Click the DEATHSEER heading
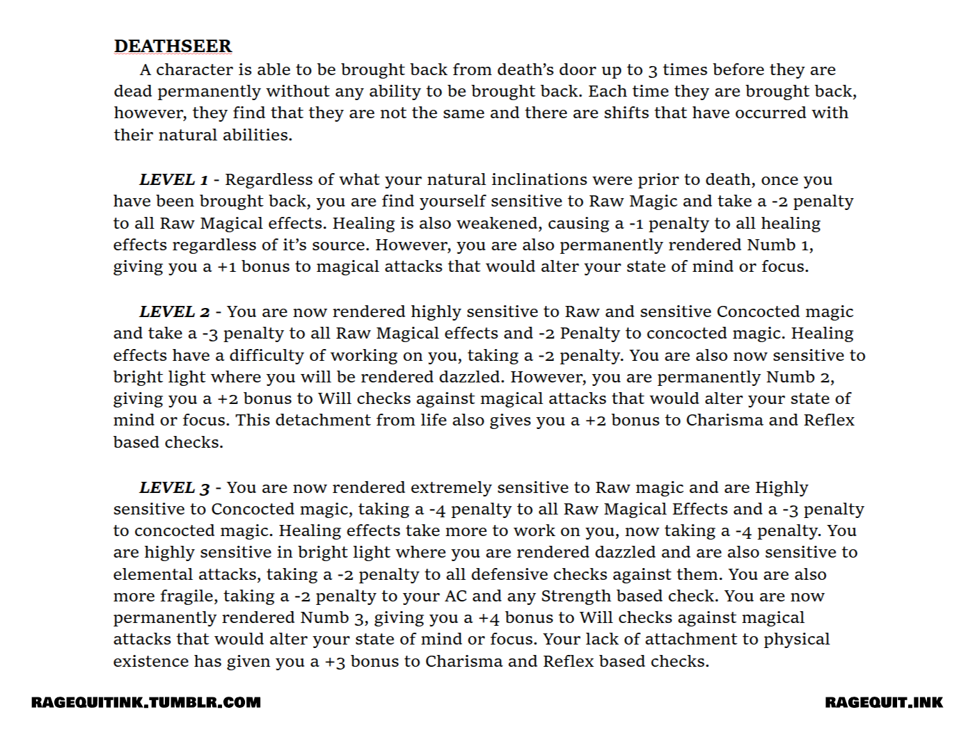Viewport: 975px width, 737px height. coord(173,47)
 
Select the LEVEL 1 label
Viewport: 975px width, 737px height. coord(174,179)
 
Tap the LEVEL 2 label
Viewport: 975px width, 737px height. coord(175,311)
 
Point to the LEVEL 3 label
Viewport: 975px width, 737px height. coord(175,487)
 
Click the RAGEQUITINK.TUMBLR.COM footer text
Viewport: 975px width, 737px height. coord(146,702)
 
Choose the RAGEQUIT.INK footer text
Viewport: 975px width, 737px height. coord(884,702)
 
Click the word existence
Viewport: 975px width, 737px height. coord(151,661)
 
